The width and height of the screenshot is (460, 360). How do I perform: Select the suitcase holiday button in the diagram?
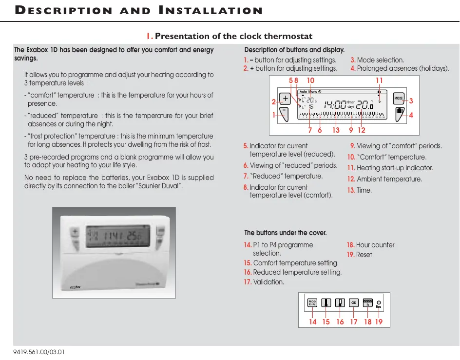click(x=399, y=113)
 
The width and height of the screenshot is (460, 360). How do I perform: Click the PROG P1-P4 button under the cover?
click(x=312, y=303)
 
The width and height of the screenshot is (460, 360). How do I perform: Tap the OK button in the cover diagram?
click(x=354, y=303)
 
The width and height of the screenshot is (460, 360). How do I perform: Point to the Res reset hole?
click(x=379, y=302)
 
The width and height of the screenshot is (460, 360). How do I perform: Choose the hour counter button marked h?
click(x=368, y=303)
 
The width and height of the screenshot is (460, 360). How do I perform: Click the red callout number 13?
click(x=336, y=130)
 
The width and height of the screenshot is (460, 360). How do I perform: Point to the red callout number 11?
click(x=380, y=80)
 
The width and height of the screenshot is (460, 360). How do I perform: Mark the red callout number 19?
click(x=379, y=321)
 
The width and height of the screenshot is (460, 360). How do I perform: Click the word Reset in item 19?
click(x=365, y=255)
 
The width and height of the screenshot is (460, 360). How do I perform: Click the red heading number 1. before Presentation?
click(x=150, y=36)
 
